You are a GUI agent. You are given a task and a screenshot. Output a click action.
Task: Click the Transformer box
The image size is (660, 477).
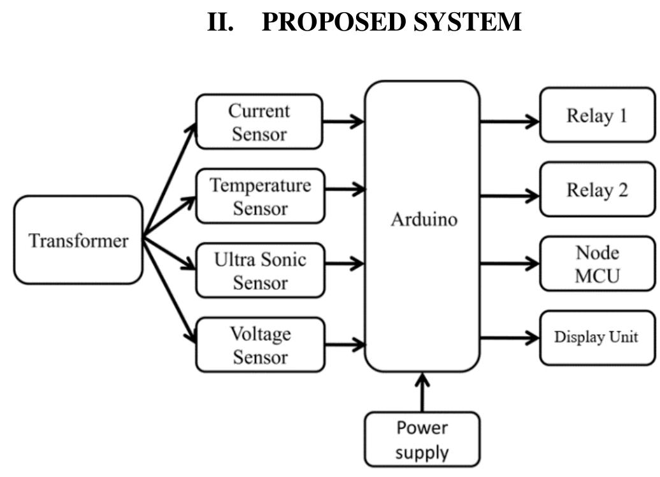78,240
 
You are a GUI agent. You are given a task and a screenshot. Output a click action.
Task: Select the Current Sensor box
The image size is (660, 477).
259,122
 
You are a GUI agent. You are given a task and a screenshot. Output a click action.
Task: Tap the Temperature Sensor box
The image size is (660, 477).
260,196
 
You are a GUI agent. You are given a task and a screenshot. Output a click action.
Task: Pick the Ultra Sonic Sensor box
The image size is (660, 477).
260,270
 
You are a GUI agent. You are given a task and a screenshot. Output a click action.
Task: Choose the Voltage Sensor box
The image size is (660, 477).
260,345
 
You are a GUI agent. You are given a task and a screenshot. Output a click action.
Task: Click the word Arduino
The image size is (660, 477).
424,220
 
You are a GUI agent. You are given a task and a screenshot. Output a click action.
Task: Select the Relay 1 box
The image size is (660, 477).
597,115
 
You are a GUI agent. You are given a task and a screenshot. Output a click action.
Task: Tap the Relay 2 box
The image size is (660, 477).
597,189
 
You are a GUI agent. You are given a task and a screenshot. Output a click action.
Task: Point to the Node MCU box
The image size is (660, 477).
597,264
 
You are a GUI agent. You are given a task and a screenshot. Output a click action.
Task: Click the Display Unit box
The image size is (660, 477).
597,338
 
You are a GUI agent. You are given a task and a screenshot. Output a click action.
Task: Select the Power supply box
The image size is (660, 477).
422,439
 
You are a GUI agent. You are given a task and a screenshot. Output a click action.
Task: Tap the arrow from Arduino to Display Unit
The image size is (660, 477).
510,338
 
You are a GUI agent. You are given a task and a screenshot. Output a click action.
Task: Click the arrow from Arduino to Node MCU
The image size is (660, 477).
510,263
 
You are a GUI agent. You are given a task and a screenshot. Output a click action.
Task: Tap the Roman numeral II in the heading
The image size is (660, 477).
220,22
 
